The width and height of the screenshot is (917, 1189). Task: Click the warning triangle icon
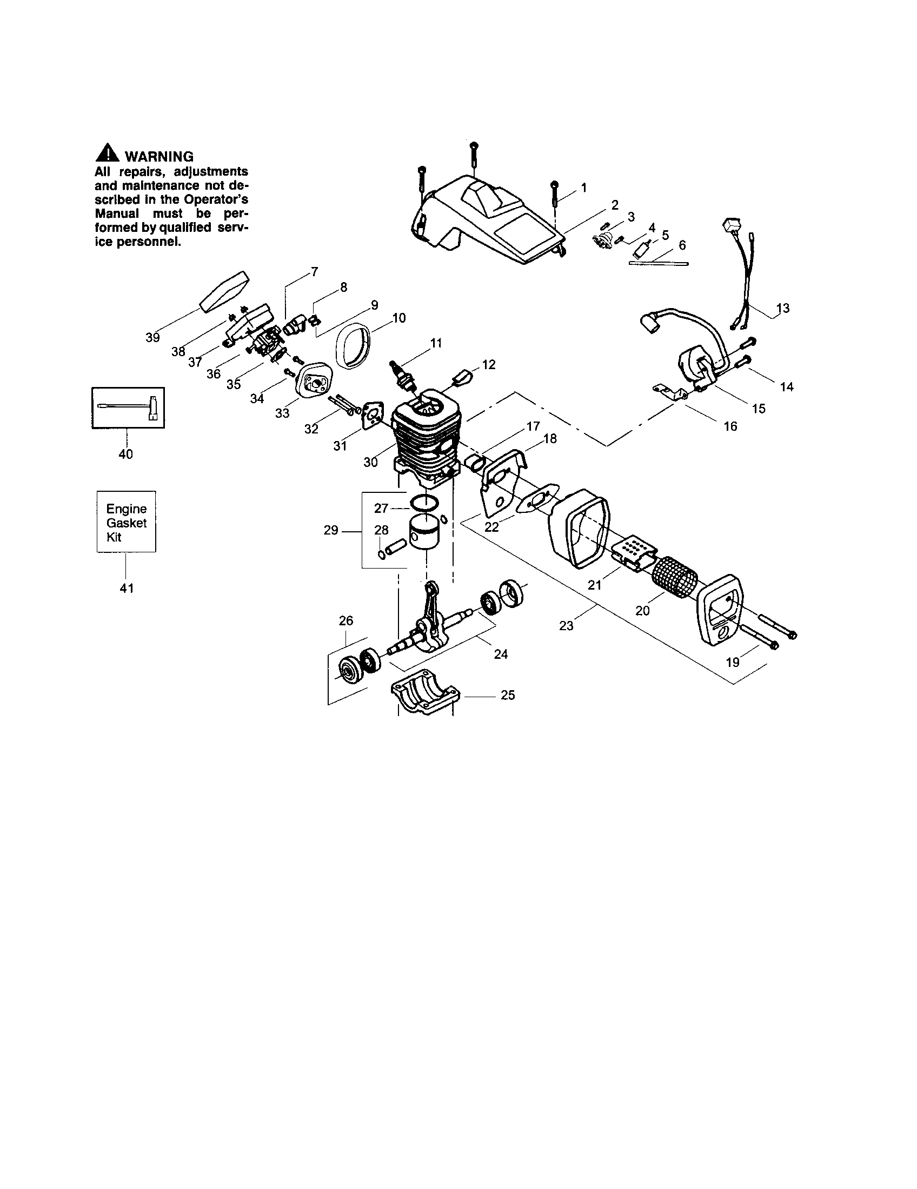pos(107,153)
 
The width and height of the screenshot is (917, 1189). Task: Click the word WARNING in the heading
pos(159,157)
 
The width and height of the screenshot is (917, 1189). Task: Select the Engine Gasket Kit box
pos(127,522)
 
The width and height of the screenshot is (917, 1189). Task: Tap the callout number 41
pos(127,588)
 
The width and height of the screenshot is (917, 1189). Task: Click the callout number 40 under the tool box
pos(126,454)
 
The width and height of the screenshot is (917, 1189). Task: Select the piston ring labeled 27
pos(425,502)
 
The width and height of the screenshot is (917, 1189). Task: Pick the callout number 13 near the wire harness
pos(782,308)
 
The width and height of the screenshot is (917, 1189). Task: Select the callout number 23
pos(566,626)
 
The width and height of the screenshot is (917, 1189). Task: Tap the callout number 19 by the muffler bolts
pos(733,662)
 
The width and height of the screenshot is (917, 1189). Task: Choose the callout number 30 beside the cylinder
pos(370,462)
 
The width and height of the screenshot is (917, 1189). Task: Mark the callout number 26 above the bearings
pos(346,620)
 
